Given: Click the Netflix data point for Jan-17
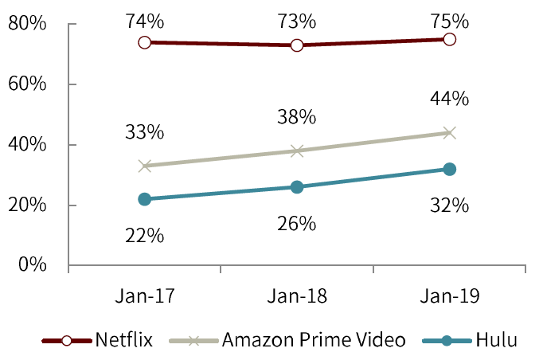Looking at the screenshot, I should click(145, 42).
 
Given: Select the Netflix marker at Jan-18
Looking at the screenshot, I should click(297, 45).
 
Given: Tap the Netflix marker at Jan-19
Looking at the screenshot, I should click(449, 39).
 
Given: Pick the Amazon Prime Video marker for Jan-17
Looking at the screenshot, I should click(145, 166).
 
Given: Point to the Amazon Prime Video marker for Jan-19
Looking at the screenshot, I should click(449, 133).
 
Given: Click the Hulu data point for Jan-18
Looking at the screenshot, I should click(297, 187).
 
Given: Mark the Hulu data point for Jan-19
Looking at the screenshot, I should click(449, 169).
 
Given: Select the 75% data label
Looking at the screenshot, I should click(449, 19).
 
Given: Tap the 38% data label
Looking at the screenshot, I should click(297, 116).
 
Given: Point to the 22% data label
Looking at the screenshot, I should click(145, 236).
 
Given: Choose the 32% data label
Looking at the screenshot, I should click(449, 205).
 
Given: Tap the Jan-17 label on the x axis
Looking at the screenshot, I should click(145, 296).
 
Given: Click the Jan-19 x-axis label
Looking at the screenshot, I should click(449, 296).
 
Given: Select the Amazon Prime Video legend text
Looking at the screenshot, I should click(314, 341).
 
